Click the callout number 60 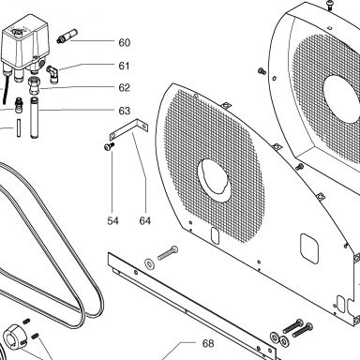[x=124, y=42]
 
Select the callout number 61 [x=124, y=66]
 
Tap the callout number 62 [x=124, y=87]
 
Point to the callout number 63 [x=124, y=111]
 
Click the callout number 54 [x=113, y=221]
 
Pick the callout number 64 [x=145, y=221]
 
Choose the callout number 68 [x=208, y=343]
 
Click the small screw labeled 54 [x=109, y=146]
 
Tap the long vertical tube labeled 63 [x=34, y=118]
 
